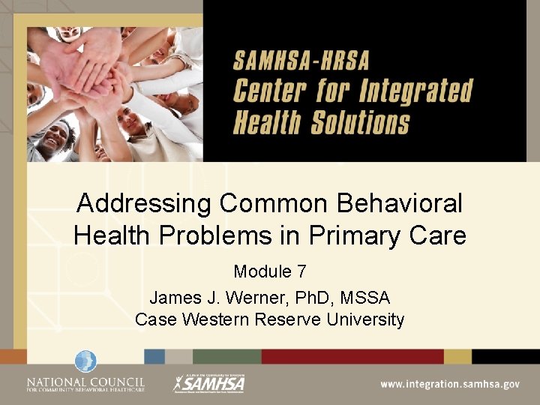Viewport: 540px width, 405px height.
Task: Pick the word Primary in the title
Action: point(341,236)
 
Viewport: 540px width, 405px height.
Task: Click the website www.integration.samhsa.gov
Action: point(449,384)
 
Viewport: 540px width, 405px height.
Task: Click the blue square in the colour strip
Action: point(154,356)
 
